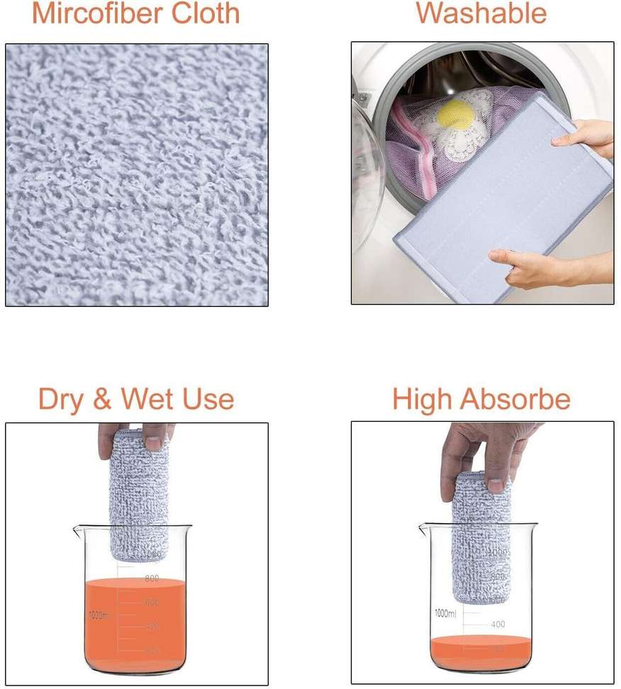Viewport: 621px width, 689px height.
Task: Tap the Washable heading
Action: point(481,13)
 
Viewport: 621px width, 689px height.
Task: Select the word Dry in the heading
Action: point(60,399)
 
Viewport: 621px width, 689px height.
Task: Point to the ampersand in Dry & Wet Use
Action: point(103,399)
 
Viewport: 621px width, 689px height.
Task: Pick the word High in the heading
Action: point(423,399)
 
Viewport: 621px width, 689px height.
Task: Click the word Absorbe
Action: point(515,399)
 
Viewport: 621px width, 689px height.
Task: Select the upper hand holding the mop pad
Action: point(585,135)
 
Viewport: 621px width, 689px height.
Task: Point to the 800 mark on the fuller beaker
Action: point(152,578)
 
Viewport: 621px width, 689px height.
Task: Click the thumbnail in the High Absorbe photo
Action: point(496,486)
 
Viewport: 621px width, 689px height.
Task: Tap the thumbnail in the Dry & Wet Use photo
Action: point(152,443)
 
